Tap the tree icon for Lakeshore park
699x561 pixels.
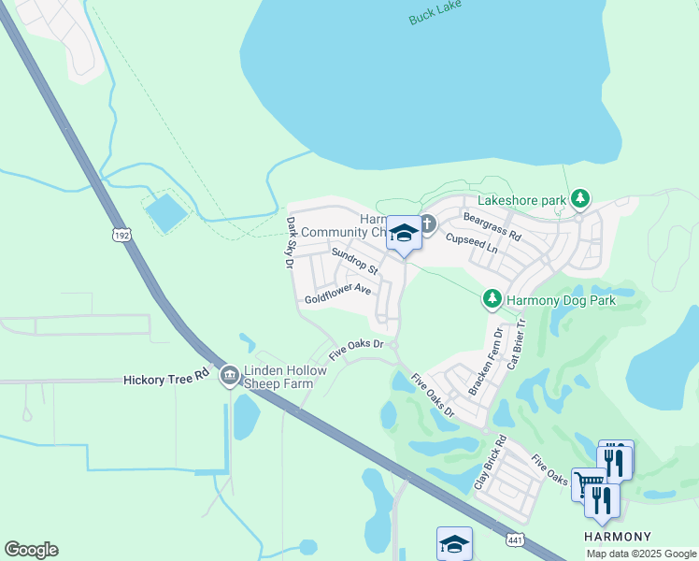(x=581, y=199)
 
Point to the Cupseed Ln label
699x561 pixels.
(x=471, y=245)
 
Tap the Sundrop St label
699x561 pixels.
(x=354, y=261)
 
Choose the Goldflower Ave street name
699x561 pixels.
(x=338, y=294)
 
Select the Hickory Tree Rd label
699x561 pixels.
(x=166, y=379)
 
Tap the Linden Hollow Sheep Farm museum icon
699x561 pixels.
(x=229, y=377)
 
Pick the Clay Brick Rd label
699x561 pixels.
(x=489, y=463)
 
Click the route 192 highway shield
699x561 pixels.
(x=119, y=234)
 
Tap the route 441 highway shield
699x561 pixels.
(x=515, y=539)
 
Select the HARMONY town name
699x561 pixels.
(x=617, y=537)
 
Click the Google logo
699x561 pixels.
(x=31, y=550)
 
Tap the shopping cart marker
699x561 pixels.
(x=588, y=483)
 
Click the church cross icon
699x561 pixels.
(x=427, y=223)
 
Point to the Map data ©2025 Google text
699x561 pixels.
(x=640, y=554)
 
